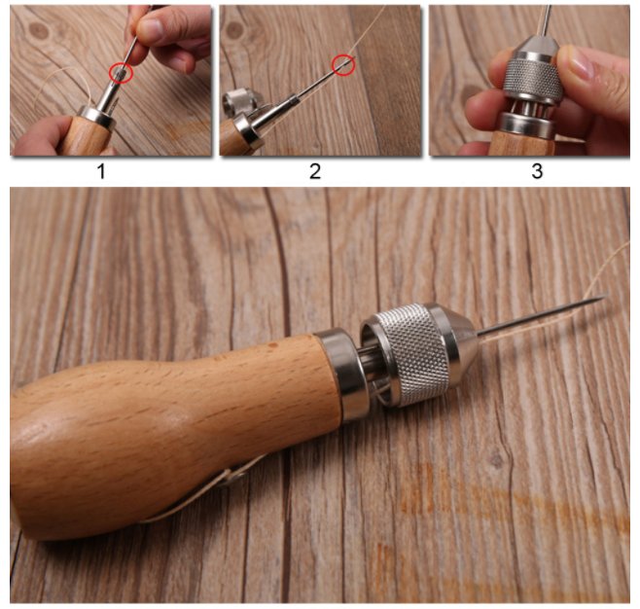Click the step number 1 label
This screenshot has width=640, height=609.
tap(101, 171)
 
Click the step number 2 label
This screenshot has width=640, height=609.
tap(315, 171)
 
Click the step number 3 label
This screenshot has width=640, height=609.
tap(537, 171)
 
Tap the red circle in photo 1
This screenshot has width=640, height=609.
tap(122, 73)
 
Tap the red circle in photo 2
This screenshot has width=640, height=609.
tap(343, 65)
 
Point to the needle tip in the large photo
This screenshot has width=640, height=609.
tap(607, 296)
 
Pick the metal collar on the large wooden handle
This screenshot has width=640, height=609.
tap(338, 374)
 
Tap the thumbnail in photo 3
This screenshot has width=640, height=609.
tap(579, 62)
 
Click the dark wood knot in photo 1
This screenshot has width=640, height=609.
tap(39, 30)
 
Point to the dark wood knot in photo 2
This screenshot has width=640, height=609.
tap(234, 30)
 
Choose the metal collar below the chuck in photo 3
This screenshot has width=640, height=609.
tap(527, 124)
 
